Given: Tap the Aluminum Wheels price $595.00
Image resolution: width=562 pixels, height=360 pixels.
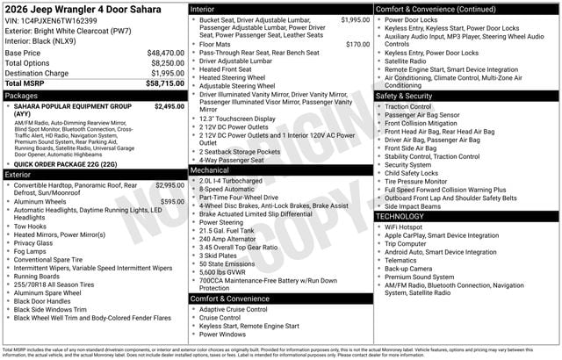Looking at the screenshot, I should tap(172, 201).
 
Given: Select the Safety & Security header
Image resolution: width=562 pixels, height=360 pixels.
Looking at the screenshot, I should tap(404, 96).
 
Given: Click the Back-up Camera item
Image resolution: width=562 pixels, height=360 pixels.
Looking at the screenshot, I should tap(408, 268).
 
